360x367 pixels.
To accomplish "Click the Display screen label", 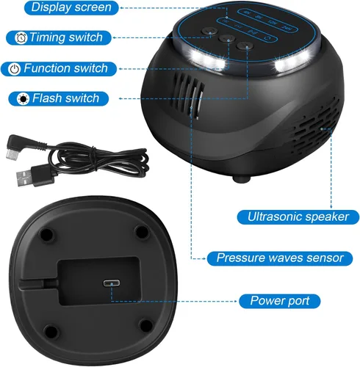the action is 71,7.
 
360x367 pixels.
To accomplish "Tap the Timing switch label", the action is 59,37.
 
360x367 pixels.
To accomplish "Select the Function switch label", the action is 59,69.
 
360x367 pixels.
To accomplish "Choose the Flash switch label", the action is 59,98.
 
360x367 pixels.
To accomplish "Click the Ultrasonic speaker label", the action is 298,217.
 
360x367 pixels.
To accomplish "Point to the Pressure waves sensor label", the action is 280,258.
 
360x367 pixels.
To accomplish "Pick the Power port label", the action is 280,301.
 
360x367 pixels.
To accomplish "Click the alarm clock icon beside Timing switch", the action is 21,38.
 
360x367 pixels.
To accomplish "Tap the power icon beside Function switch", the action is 15,69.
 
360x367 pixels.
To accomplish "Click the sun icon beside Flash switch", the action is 23,99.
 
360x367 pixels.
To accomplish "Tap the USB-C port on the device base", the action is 112,283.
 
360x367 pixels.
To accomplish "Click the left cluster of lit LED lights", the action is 208,59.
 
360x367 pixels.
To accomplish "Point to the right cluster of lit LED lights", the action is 289,64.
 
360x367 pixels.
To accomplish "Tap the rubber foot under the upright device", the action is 242,178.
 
